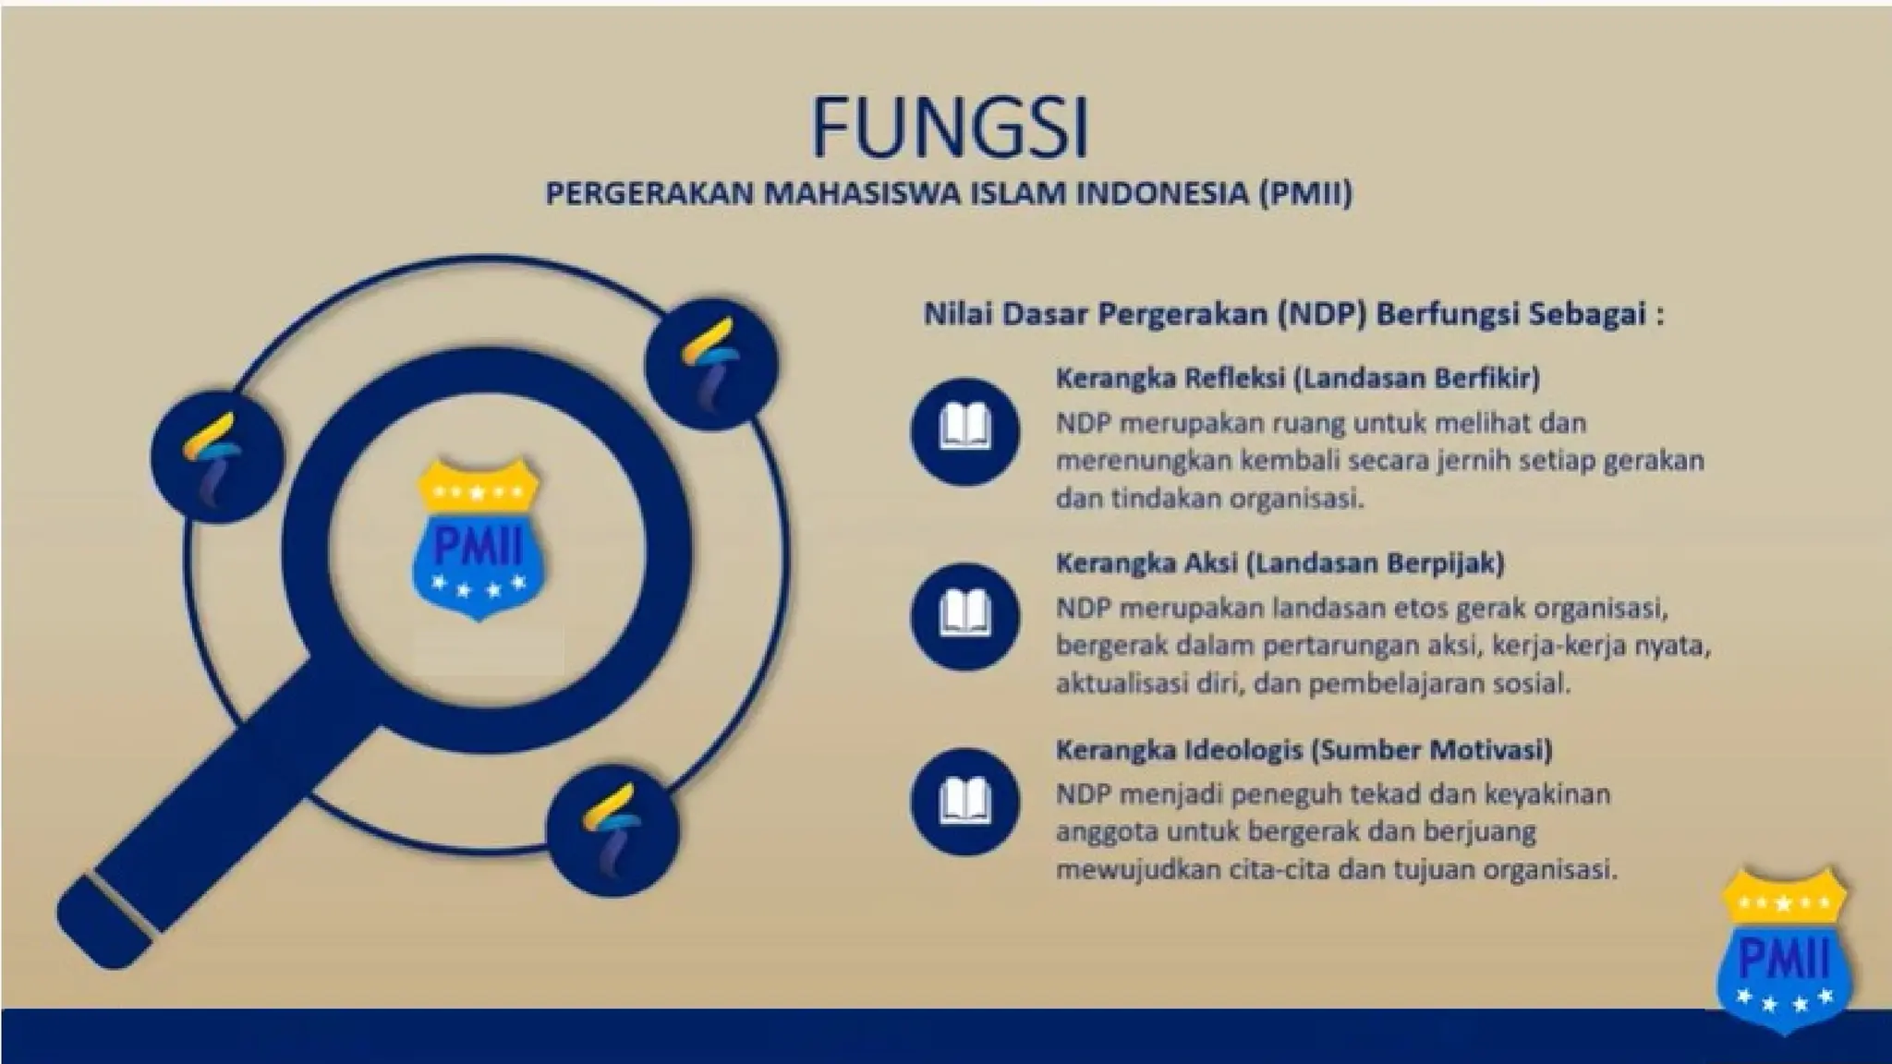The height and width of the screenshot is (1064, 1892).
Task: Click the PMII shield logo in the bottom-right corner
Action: click(x=1782, y=951)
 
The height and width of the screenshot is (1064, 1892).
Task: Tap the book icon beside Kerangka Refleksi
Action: click(x=964, y=431)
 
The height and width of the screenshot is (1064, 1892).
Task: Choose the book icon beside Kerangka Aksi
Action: click(x=964, y=616)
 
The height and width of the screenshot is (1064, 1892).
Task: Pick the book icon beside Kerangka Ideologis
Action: click(x=964, y=801)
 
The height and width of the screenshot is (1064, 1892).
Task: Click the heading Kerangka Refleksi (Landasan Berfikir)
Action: click(x=1297, y=378)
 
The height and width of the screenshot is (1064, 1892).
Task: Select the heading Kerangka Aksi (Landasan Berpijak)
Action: click(x=1280, y=562)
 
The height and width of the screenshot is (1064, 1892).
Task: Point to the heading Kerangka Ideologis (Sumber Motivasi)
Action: click(x=1304, y=749)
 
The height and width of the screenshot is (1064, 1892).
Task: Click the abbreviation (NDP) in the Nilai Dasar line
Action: click(x=1322, y=315)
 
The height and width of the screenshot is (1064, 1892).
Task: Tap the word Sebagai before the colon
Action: click(x=1587, y=315)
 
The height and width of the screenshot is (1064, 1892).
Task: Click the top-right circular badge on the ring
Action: click(x=710, y=362)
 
